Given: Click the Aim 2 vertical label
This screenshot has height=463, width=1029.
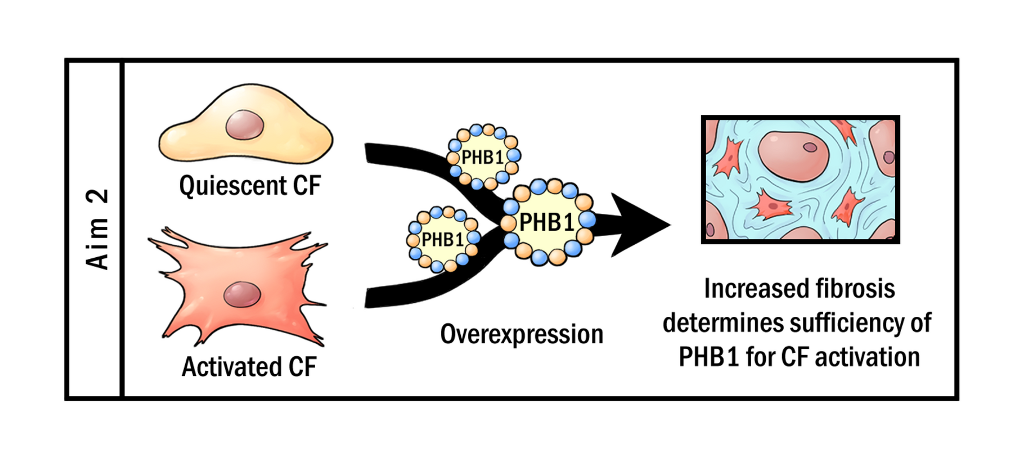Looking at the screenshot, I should click(97, 230).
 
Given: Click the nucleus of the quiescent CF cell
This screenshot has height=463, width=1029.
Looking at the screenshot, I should click(245, 125).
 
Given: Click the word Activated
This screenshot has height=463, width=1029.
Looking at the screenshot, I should click(232, 367).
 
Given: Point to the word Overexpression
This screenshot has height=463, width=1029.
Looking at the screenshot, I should click(521, 334).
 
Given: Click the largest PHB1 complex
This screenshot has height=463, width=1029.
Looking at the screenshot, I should click(547, 222).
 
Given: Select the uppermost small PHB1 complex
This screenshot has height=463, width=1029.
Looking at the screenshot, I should click(483, 157).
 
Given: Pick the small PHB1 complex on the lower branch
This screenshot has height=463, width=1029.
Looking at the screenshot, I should click(442, 239).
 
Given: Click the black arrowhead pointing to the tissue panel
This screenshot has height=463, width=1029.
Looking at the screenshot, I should click(639, 224).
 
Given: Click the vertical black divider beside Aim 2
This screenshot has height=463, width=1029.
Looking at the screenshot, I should click(122, 230).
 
